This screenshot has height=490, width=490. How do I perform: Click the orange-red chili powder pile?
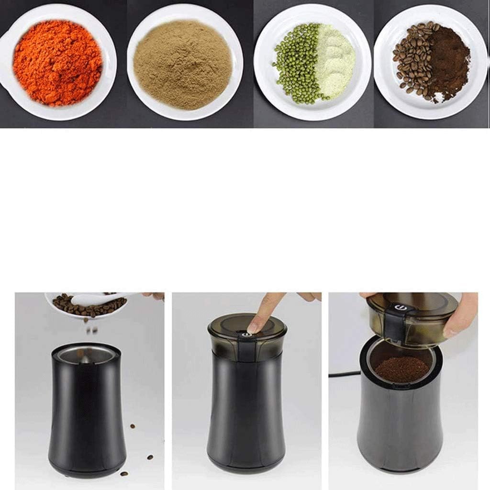coord(57,62)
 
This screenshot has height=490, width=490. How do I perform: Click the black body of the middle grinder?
coord(246,412)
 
